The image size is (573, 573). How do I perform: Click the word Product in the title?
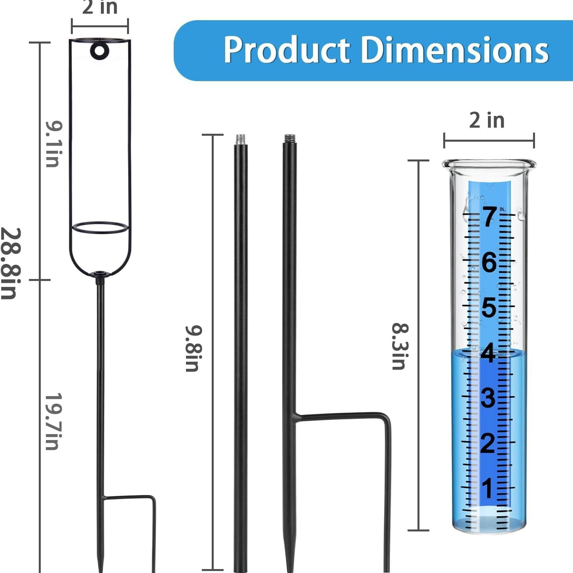[286, 50]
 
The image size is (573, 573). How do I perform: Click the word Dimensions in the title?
[455, 50]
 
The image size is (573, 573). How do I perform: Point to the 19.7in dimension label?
[53, 421]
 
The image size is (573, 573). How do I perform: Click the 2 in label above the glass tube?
[487, 120]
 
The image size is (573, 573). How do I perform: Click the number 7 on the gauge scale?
[489, 217]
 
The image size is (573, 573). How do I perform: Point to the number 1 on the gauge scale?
[488, 489]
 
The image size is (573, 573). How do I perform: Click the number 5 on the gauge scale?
[489, 307]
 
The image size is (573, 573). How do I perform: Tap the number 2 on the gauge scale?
[488, 443]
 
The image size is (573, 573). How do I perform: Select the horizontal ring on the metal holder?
[100, 228]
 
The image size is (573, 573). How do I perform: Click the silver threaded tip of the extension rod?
[240, 140]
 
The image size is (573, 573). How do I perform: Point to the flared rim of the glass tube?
[489, 163]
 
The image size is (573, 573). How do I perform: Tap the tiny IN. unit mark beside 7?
[503, 209]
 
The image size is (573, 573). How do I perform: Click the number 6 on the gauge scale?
[489, 262]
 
